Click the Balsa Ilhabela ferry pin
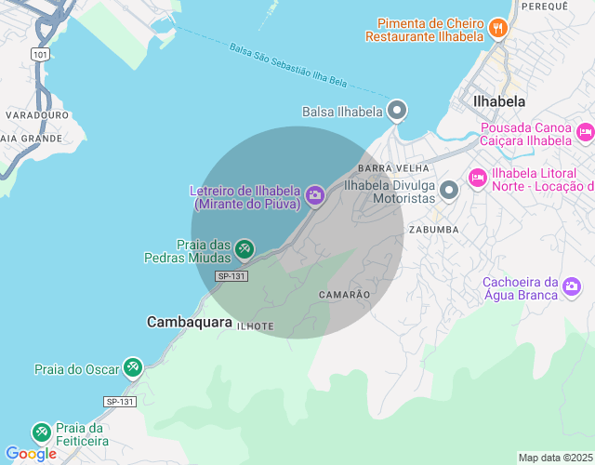click(397, 111)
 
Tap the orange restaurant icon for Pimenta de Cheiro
click(497, 28)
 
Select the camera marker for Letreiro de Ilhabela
click(314, 193)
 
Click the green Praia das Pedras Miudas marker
click(245, 248)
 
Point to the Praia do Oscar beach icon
click(133, 368)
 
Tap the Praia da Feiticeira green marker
click(41, 432)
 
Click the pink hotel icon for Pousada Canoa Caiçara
click(585, 132)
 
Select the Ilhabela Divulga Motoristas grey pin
click(449, 191)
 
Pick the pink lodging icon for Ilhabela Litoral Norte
click(478, 177)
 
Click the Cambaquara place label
click(190, 322)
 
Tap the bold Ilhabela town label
click(499, 101)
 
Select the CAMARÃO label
click(344, 294)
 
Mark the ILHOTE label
click(255, 326)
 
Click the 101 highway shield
click(39, 55)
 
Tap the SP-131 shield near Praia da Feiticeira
click(120, 402)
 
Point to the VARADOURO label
click(37, 114)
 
